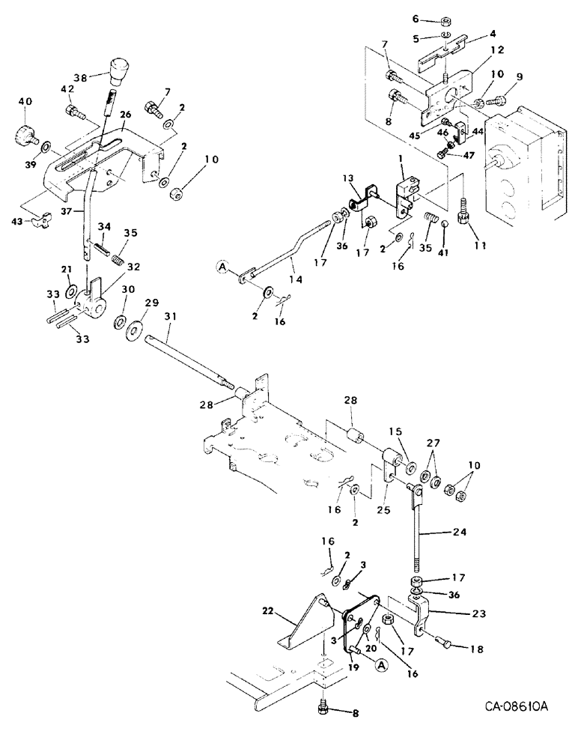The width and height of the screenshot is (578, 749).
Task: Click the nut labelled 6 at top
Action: point(444,19)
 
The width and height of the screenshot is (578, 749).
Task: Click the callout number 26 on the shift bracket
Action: point(125,115)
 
